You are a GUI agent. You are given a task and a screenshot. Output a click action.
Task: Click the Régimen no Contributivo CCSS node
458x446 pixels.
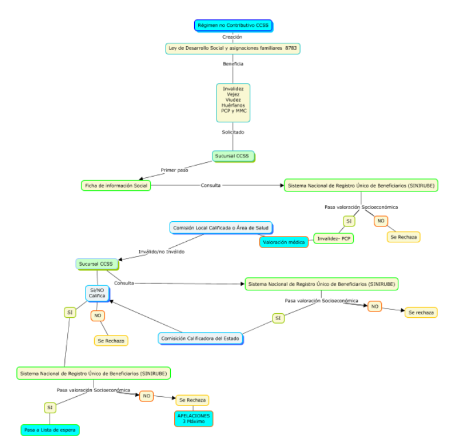click(x=233, y=25)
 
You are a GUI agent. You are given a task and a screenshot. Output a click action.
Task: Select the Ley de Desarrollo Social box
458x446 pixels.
click(x=233, y=49)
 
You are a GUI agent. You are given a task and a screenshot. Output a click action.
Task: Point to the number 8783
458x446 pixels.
click(x=291, y=49)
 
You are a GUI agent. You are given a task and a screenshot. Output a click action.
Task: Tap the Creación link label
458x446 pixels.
click(x=232, y=37)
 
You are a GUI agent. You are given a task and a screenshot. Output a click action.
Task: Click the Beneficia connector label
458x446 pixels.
click(x=233, y=63)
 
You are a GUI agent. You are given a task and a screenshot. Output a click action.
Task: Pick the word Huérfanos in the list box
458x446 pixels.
click(x=233, y=105)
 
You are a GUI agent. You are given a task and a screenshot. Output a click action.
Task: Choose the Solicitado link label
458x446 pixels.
click(x=233, y=132)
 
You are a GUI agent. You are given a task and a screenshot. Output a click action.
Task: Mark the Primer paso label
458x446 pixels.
click(x=174, y=170)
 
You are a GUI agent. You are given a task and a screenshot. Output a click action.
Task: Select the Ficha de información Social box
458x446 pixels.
click(x=116, y=186)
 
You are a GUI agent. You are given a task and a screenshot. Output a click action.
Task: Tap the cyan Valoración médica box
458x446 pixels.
click(x=284, y=242)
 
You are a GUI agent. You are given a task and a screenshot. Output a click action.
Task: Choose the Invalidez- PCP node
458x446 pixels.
click(x=333, y=238)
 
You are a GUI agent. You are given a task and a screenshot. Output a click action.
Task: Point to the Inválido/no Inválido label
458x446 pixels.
click(x=161, y=252)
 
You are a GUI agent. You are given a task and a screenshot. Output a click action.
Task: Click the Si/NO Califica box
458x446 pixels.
click(x=97, y=293)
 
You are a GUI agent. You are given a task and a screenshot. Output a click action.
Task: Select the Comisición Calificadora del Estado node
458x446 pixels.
click(x=201, y=338)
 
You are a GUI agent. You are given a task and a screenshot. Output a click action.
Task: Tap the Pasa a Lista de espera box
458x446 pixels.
click(x=50, y=430)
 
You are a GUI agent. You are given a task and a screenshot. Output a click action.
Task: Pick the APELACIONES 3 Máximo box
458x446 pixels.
click(x=194, y=418)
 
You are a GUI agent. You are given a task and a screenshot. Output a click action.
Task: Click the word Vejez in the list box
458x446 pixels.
click(x=233, y=94)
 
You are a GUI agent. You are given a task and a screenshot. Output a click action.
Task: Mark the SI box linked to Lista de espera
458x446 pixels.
click(x=50, y=407)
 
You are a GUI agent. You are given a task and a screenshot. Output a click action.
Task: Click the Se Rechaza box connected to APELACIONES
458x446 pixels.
click(x=192, y=400)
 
